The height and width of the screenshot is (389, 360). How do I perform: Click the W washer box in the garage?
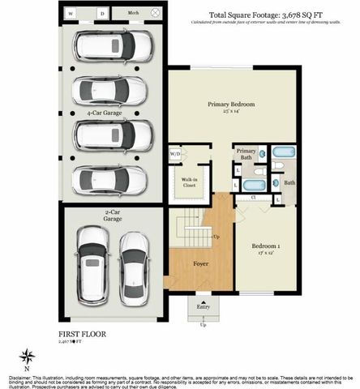point(71,14)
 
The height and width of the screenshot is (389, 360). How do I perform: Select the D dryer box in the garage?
point(102,14)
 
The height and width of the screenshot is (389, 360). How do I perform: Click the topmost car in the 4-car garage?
point(112,47)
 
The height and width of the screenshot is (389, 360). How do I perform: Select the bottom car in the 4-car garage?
point(112,179)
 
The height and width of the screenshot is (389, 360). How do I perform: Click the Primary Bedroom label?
point(231,105)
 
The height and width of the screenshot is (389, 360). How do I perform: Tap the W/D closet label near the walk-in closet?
point(175,153)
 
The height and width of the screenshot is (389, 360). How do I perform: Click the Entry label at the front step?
point(203,306)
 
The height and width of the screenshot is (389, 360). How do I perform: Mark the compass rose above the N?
point(28,355)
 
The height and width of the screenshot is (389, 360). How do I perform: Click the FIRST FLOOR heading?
point(81,333)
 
